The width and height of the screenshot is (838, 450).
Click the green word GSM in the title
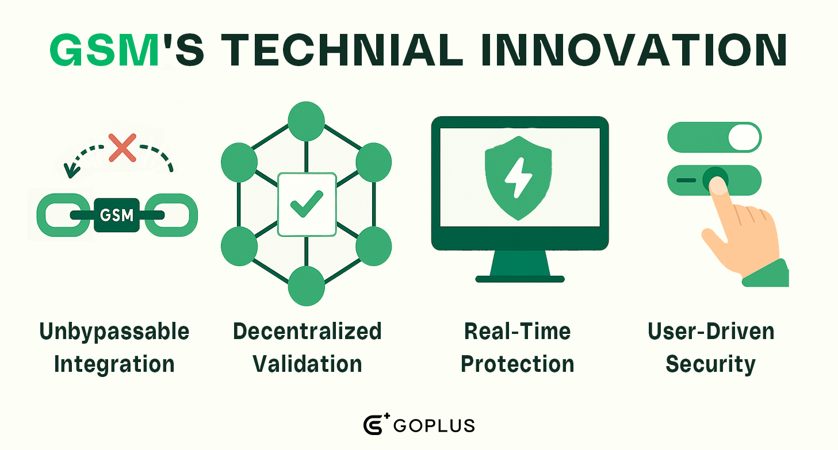[104, 51]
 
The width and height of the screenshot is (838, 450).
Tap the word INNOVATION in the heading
[634, 51]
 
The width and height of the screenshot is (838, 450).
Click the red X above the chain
[123, 148]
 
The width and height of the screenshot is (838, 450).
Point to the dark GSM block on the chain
[117, 215]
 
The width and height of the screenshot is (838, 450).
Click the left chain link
[63, 215]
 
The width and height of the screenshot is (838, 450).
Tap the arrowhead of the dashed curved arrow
[71, 171]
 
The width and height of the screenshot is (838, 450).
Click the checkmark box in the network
[307, 205]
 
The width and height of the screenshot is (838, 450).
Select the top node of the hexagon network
[307, 121]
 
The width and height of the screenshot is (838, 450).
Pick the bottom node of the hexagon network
[307, 286]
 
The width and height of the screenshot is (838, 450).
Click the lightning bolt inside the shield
[518, 178]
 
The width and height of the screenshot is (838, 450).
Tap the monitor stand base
[520, 279]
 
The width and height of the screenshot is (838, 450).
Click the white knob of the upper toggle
[744, 137]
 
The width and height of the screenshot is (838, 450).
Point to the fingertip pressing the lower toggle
[718, 186]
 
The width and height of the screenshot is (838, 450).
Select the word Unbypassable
[114, 332]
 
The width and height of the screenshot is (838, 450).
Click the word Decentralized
[307, 332]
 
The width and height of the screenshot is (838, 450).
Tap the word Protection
[518, 364]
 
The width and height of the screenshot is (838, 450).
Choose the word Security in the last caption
[711, 364]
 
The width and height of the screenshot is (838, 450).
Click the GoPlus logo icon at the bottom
[376, 424]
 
